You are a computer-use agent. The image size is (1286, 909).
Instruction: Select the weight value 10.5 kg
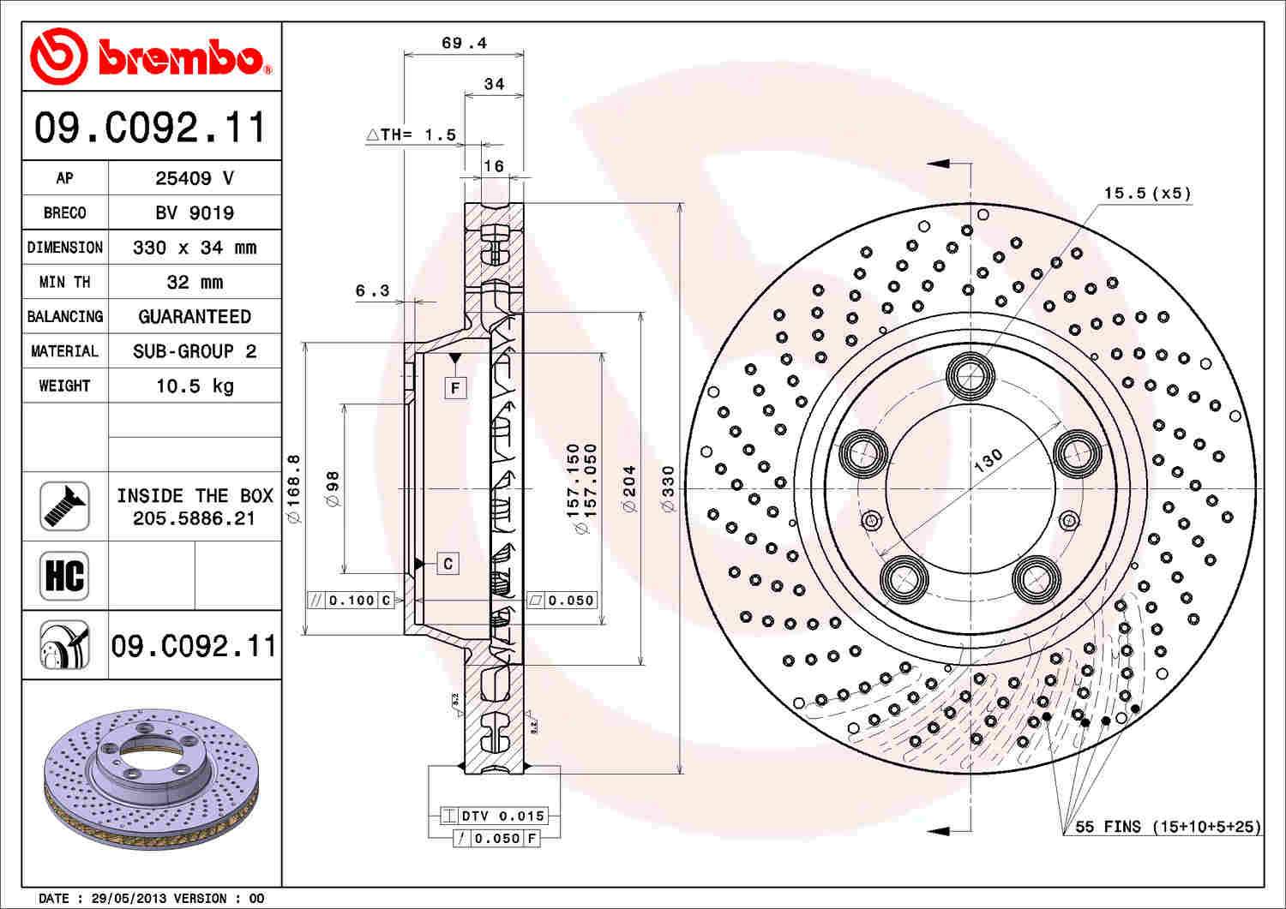195,386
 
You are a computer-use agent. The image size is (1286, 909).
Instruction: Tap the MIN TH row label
64,282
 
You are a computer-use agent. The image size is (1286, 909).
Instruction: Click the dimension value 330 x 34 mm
195,248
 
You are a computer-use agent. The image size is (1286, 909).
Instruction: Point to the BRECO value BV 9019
195,212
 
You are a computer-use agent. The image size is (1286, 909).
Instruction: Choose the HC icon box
64,576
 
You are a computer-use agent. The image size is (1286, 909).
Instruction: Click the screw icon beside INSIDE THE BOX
64,506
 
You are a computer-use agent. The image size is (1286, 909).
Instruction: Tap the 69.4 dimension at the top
464,43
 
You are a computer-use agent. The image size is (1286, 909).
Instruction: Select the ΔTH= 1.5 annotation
412,135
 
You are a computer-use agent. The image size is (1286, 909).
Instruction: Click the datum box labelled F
455,388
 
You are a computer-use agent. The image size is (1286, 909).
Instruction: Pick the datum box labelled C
448,564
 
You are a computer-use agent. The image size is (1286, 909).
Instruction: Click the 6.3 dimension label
373,291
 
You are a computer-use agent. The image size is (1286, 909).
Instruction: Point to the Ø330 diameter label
669,489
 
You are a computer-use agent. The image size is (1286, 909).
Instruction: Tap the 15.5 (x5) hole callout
1147,193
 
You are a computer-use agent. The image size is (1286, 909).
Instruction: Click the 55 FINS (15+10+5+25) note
1168,827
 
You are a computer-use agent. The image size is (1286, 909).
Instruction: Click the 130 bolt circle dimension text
988,459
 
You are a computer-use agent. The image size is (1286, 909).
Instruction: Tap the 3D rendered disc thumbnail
151,778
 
